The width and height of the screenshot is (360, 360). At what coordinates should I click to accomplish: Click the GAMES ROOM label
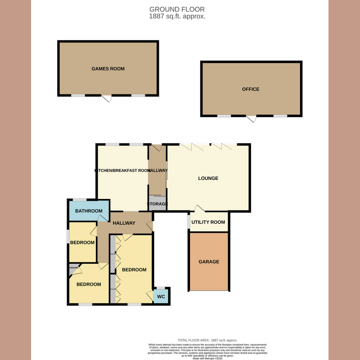click(x=108, y=69)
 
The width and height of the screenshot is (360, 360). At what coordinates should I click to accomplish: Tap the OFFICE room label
click(x=251, y=89)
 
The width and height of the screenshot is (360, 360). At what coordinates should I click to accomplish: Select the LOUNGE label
click(x=208, y=178)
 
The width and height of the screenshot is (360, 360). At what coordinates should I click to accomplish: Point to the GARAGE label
click(x=209, y=262)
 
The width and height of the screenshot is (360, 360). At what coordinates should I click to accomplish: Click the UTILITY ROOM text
click(x=208, y=222)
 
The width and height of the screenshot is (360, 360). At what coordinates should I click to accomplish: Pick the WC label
click(x=161, y=297)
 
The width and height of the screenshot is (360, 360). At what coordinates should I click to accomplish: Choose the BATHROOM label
click(x=88, y=211)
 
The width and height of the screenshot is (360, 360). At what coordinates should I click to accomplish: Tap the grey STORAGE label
click(x=157, y=204)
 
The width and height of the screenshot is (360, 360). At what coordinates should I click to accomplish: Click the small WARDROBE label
click(x=73, y=267)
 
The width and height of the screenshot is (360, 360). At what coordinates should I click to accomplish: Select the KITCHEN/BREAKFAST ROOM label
click(x=122, y=171)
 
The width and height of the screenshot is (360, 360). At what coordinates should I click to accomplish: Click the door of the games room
click(x=107, y=98)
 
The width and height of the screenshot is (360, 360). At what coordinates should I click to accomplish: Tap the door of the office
click(x=251, y=118)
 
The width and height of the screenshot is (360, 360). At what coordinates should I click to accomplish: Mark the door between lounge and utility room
click(x=199, y=208)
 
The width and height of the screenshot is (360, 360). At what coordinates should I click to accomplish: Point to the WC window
click(x=161, y=288)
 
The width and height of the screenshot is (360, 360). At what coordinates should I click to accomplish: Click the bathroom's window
click(x=80, y=199)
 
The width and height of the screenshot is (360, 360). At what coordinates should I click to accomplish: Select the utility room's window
click(x=188, y=222)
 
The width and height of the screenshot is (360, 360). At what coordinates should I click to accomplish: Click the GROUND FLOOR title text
click(x=177, y=9)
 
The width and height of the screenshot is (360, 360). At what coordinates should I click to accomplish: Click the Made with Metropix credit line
click(x=207, y=358)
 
